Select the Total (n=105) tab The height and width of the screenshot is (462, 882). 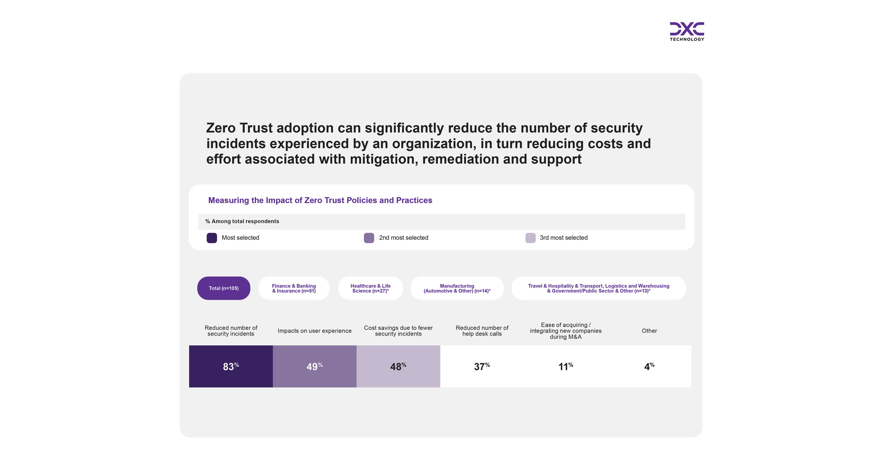(x=223, y=289)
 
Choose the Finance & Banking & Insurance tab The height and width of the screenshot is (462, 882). (x=294, y=289)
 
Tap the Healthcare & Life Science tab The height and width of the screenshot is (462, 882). (x=370, y=289)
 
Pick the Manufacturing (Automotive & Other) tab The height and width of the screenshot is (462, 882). (x=457, y=289)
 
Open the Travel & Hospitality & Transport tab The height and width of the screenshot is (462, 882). (x=598, y=289)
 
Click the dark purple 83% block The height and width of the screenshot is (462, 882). (x=231, y=367)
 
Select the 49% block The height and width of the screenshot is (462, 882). (x=314, y=367)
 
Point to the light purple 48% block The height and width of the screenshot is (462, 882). (x=398, y=367)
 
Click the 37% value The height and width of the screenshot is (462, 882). (x=482, y=367)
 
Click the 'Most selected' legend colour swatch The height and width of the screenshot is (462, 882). (x=212, y=238)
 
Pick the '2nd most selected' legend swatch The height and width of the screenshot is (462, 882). (x=369, y=238)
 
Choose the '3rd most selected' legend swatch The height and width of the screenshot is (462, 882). (x=531, y=238)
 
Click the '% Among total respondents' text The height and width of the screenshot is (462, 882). (x=242, y=221)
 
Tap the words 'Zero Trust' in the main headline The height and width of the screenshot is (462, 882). (x=239, y=128)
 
